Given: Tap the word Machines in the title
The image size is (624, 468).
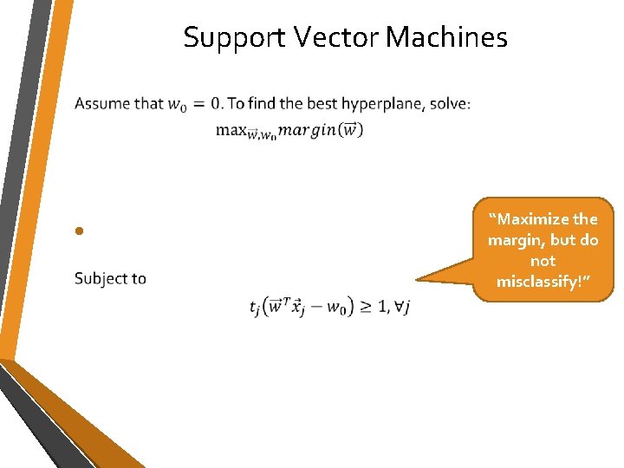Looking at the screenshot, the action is [446, 37].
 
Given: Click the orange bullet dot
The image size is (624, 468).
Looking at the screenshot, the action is [78, 231].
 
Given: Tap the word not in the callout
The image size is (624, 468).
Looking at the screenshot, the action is [543, 261].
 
